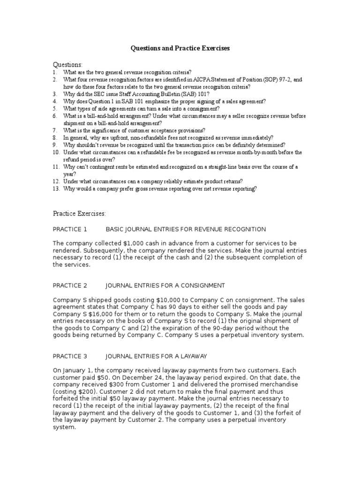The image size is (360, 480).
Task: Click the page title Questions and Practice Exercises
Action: pyautogui.click(x=180, y=48)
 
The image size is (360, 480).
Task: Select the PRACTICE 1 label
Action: pyautogui.click(x=70, y=229)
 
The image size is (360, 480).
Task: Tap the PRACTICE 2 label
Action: pyautogui.click(x=70, y=285)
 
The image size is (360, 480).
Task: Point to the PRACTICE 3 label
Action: pyautogui.click(x=70, y=356)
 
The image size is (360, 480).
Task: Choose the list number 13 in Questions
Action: pyautogui.click(x=55, y=189)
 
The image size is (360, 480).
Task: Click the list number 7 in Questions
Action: pyautogui.click(x=54, y=130)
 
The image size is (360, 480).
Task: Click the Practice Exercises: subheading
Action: pyautogui.click(x=79, y=214)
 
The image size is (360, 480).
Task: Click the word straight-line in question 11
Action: pyautogui.click(x=222, y=167)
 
